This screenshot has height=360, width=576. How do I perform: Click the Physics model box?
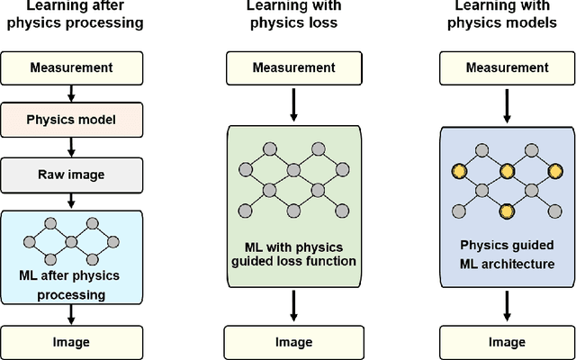(71, 118)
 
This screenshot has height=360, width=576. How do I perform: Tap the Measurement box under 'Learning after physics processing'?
(71, 67)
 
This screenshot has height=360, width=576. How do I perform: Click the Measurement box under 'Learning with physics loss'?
(292, 67)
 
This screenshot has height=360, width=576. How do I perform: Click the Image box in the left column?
(71, 342)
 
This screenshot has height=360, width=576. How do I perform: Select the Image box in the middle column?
(292, 342)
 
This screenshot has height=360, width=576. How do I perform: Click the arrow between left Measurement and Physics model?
(71, 92)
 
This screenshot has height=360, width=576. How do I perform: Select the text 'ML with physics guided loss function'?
(292, 254)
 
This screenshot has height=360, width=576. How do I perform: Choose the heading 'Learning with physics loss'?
(292, 15)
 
